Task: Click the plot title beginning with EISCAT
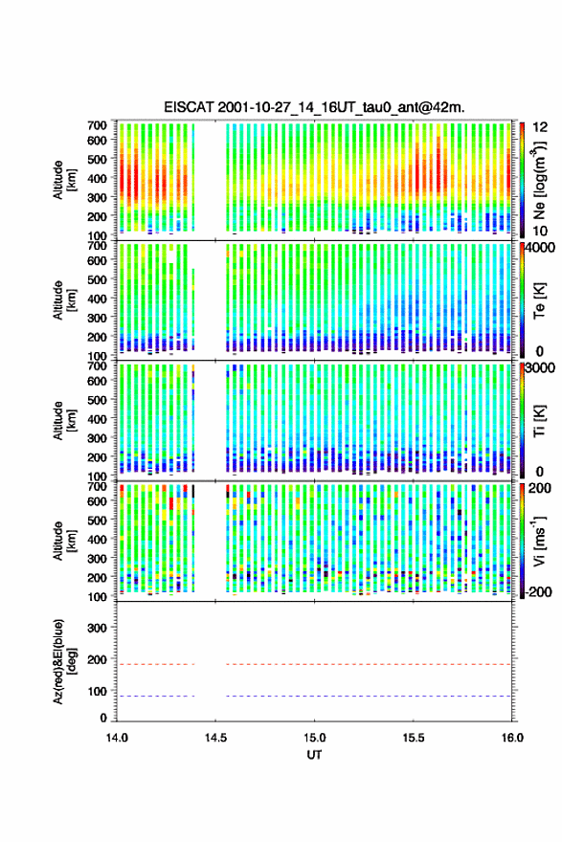coord(314,107)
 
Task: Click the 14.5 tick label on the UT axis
coord(215,738)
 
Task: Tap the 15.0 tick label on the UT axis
coord(314,738)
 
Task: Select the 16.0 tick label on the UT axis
coord(512,738)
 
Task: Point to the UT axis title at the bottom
coord(314,755)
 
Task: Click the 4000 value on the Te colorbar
coord(541,249)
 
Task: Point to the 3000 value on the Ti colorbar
coord(541,367)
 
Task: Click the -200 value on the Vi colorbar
coord(539,591)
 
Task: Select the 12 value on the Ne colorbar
coord(541,127)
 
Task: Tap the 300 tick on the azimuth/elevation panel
coord(98,628)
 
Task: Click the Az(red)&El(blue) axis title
coord(64,661)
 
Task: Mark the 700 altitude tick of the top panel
coord(98,125)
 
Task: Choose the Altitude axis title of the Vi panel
coord(64,541)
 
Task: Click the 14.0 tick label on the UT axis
coord(117,738)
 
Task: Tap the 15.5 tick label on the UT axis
coord(414,738)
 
